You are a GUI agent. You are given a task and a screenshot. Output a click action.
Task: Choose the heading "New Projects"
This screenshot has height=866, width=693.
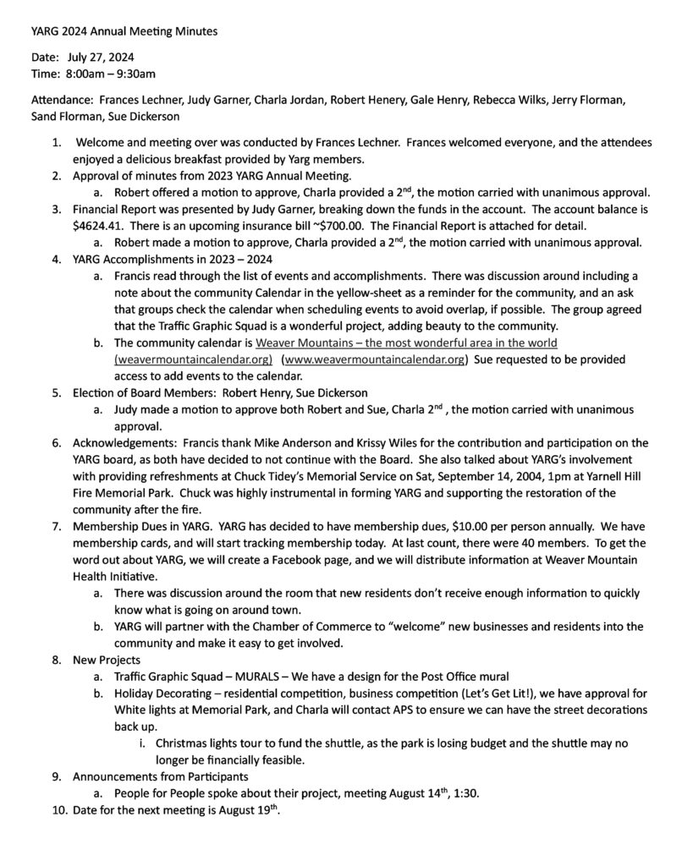tap(107, 659)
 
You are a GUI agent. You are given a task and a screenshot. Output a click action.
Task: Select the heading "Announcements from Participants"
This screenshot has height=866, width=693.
tap(161, 776)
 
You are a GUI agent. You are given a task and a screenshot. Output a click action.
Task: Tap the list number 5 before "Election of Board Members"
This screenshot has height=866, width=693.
tap(55, 392)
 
